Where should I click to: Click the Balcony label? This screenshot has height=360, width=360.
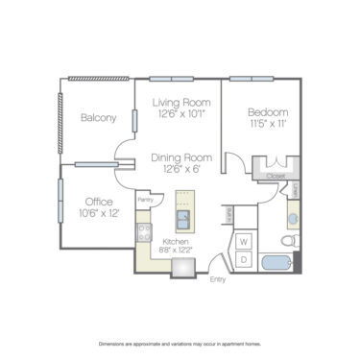click(x=98, y=118)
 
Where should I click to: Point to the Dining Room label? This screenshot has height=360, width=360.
click(x=180, y=157)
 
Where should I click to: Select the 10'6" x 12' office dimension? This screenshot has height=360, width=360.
click(x=100, y=213)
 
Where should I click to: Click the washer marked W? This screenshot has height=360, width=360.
click(x=244, y=242)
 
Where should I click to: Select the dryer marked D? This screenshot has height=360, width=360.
click(x=244, y=259)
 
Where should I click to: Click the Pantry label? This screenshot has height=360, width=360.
click(x=146, y=200)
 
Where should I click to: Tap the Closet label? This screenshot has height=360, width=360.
click(x=276, y=177)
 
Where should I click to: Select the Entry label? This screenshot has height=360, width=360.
click(x=220, y=280)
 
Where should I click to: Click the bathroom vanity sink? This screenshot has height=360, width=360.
click(x=293, y=219)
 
